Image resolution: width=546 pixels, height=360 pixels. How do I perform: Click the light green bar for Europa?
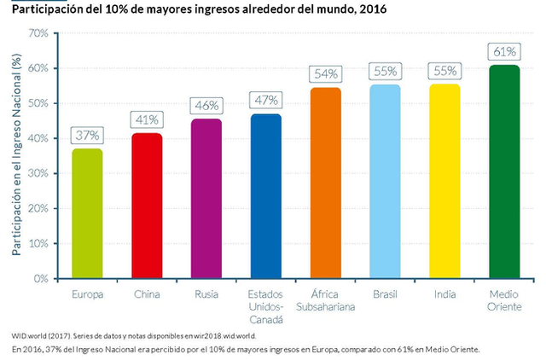[87, 213]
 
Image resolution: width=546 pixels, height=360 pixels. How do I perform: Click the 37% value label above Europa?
[87, 135]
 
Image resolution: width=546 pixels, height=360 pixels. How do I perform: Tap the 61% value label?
[504, 51]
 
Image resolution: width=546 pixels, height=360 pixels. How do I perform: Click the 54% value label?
[325, 74]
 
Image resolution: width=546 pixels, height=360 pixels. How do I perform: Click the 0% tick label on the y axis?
[40, 278]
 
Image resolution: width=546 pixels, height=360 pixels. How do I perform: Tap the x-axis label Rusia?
[206, 294]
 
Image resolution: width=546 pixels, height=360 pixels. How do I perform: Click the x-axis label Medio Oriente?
[504, 300]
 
